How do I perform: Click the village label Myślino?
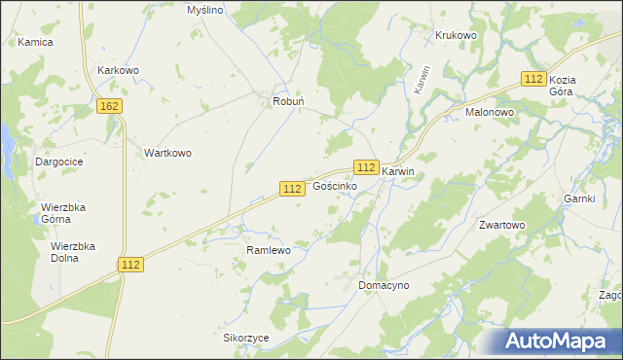(205, 10)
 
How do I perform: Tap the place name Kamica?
(35, 43)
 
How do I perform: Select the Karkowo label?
(119, 71)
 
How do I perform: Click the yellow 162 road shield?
(110, 105)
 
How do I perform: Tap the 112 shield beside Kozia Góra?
(531, 79)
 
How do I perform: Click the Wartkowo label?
(167, 153)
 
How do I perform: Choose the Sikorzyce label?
(245, 338)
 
